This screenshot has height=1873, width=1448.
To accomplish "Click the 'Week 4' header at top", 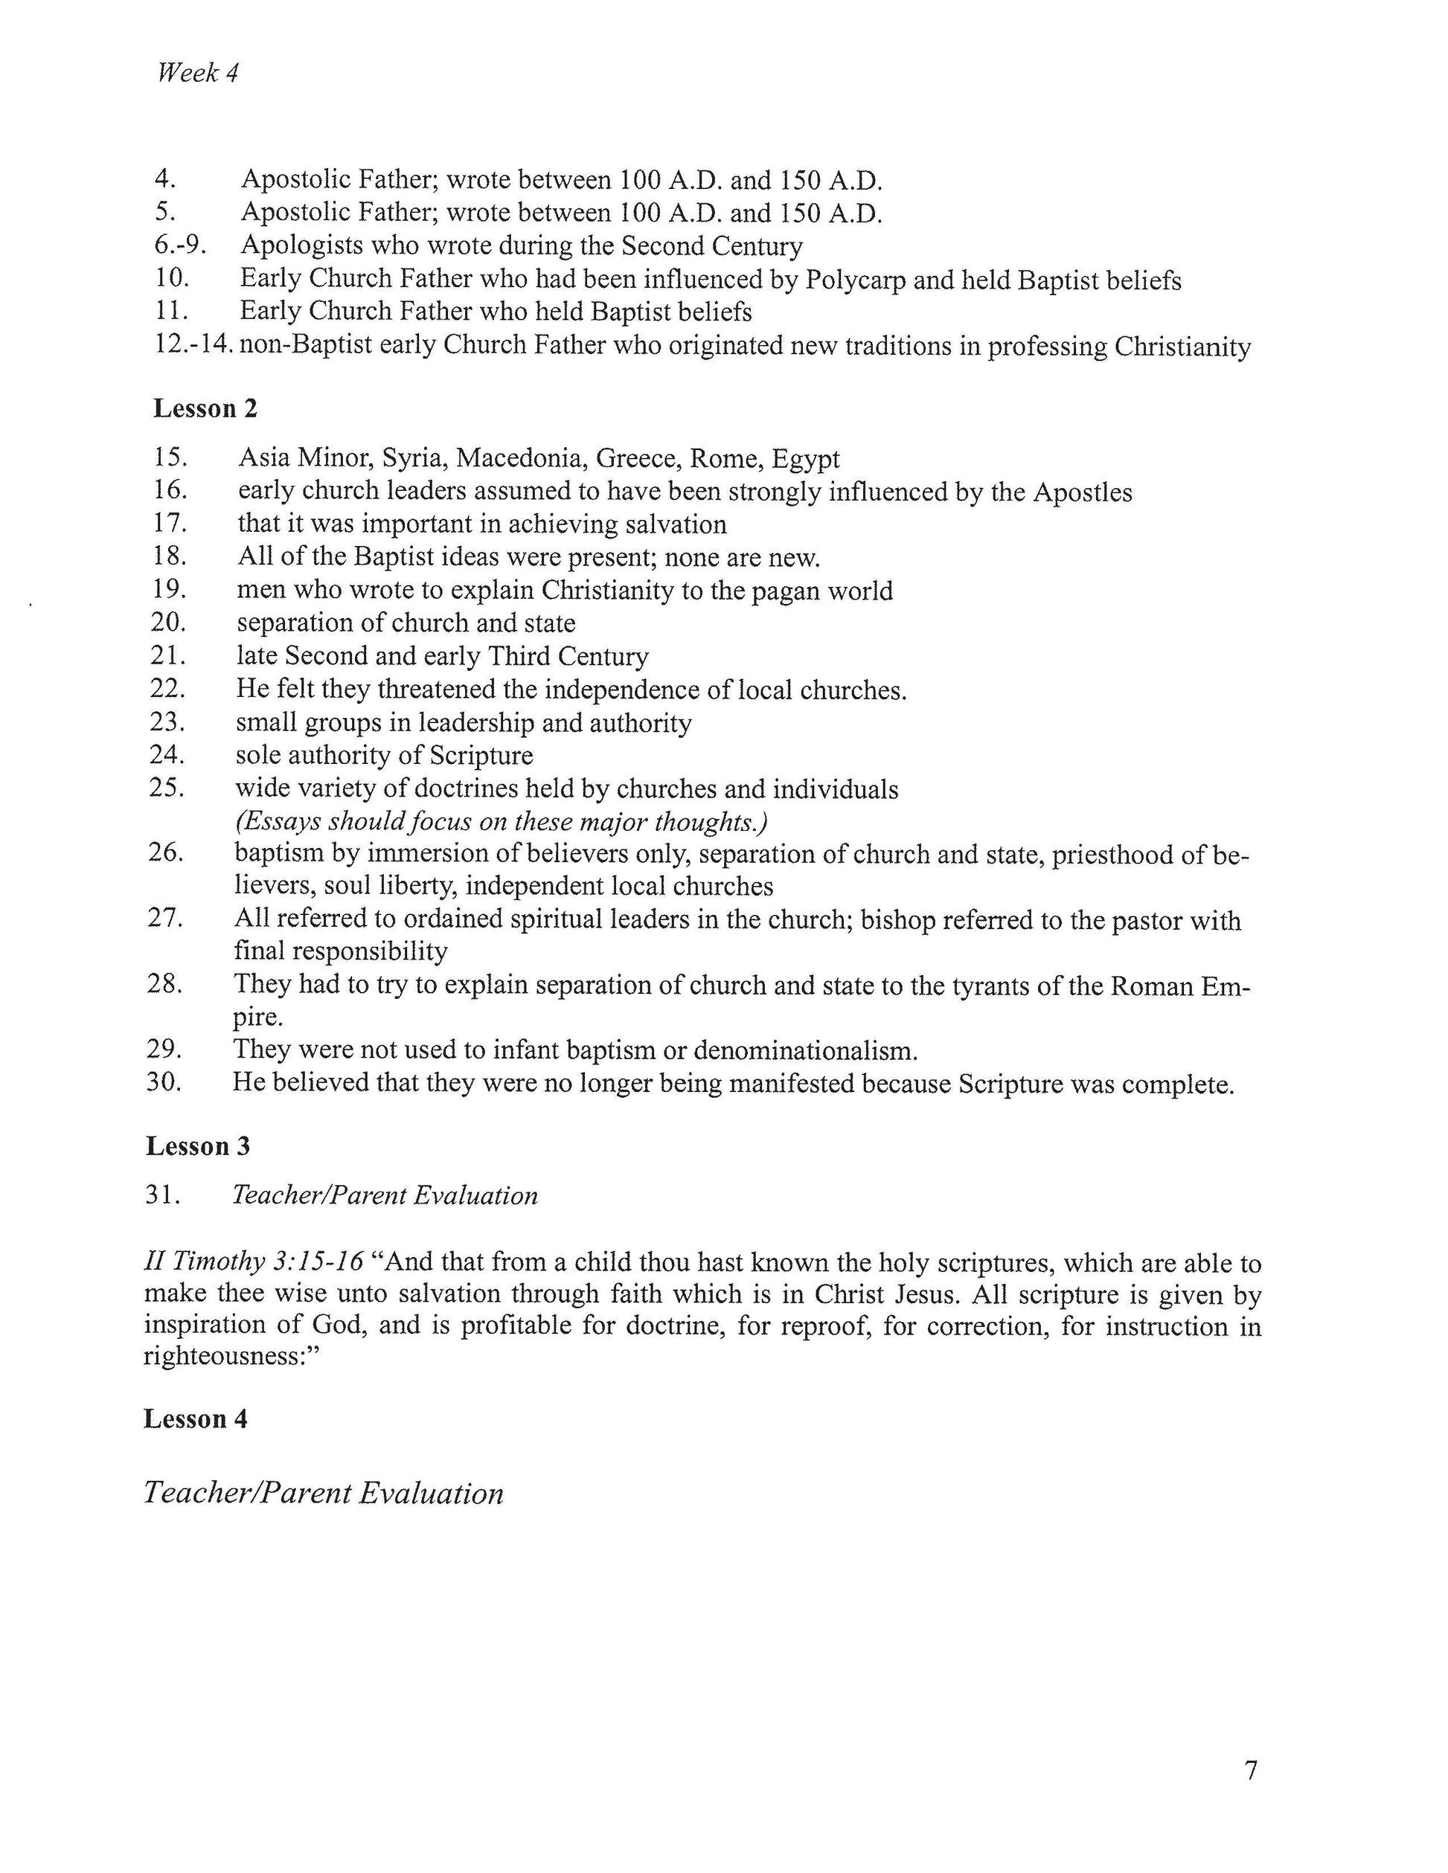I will tap(197, 74).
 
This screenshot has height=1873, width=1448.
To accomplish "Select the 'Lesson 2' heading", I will tap(205, 409).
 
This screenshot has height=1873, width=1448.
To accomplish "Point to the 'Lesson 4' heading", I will tap(196, 1419).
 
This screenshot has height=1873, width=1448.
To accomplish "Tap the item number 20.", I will tap(168, 623).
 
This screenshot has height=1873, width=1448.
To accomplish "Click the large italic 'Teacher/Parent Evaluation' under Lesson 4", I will tap(324, 1493).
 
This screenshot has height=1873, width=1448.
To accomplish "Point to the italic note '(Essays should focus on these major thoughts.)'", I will tap(501, 823).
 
